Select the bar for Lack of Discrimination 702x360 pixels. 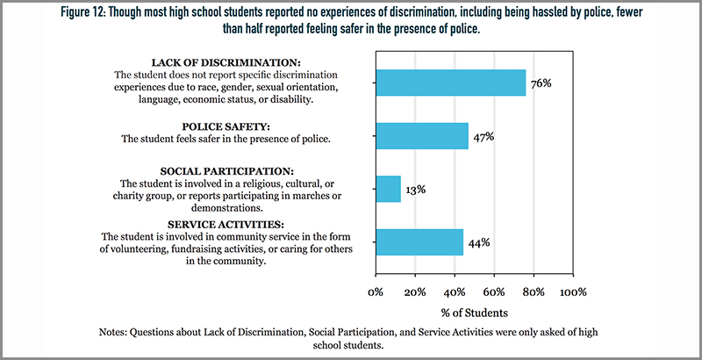(x=451, y=83)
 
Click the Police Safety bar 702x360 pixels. (x=422, y=136)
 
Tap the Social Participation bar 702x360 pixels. (x=389, y=189)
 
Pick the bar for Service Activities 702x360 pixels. (x=419, y=242)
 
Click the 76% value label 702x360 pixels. (x=541, y=83)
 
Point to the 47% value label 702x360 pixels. (x=484, y=137)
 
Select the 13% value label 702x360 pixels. (x=416, y=190)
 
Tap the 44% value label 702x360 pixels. (x=479, y=243)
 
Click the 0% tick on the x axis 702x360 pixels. (x=376, y=292)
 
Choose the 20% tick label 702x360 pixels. (x=415, y=292)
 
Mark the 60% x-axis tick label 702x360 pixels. (x=494, y=292)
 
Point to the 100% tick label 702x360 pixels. (x=573, y=292)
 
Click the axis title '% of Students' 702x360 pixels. (x=475, y=313)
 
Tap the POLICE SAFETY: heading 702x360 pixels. (x=226, y=126)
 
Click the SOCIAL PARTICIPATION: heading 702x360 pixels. (x=226, y=171)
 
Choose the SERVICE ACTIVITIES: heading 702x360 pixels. (x=226, y=224)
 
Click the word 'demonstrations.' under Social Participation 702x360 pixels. (x=226, y=208)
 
